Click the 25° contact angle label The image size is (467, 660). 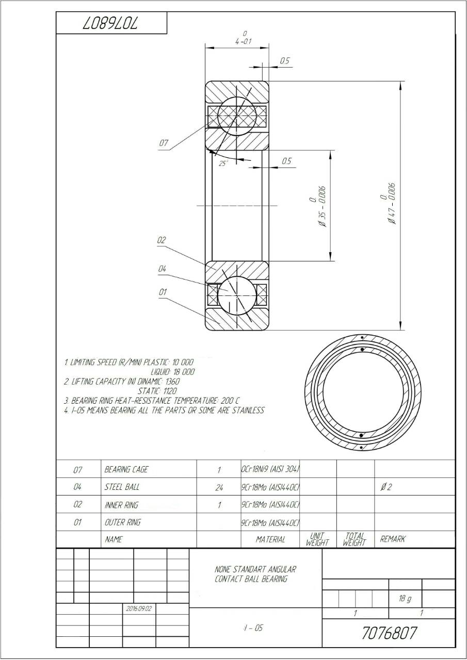tap(223, 163)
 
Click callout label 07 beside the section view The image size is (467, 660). tap(163, 143)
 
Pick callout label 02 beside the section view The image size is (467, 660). tap(162, 240)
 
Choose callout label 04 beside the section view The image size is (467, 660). tap(162, 269)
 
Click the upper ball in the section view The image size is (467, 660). tap(236, 116)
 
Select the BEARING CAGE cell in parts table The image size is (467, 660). tap(126, 469)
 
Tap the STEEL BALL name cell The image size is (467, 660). tap(122, 487)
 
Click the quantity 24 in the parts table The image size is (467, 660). tap(219, 487)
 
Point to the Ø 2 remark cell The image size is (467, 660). tap(385, 487)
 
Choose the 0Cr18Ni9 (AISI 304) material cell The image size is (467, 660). tap(270, 469)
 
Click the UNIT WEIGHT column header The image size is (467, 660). tap(317, 539)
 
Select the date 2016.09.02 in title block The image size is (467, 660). tap(139, 608)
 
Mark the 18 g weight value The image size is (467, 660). tap(405, 599)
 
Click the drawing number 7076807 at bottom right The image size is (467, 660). tap(389, 633)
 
